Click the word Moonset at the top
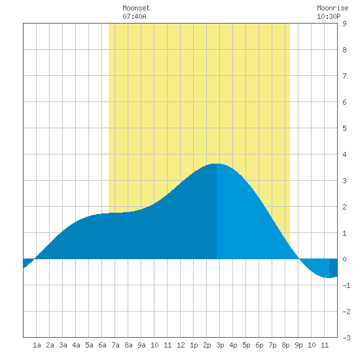point(136,8)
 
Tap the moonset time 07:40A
point(134,16)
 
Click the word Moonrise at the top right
point(333,8)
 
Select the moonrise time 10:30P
point(329,16)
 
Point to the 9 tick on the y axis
point(344,24)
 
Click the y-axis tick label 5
point(344,128)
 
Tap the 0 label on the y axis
point(344,259)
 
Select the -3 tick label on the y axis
point(346,338)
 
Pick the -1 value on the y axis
point(346,285)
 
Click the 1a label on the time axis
point(37,345)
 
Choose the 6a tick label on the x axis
point(102,345)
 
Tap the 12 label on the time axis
point(181,345)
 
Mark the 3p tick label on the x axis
point(220,345)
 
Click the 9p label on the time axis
point(298,345)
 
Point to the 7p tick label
point(272,345)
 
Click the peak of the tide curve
point(217,164)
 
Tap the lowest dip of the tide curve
point(329,278)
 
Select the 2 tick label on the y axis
point(344,207)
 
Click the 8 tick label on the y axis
point(344,50)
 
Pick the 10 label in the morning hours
point(154,345)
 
